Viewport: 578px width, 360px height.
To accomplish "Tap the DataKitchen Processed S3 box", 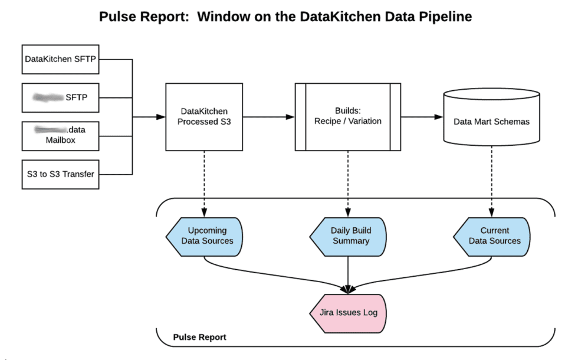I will pos(203,117).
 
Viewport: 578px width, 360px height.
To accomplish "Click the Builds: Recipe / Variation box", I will pos(347,117).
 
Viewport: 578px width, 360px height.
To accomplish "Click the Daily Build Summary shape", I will pos(349,236).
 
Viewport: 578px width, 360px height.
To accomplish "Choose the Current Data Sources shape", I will pos(492,236).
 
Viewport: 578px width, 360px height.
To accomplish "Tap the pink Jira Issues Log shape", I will pos(348,313).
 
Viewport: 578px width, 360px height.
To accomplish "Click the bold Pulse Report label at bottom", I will pos(199,338).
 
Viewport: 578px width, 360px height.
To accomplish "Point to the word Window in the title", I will pos(223,17).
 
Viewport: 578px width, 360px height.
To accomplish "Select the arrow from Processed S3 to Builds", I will pos(268,117).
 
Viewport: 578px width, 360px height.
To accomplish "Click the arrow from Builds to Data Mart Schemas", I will pos(422,117).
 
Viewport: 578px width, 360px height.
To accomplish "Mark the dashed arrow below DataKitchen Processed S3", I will pos(203,183).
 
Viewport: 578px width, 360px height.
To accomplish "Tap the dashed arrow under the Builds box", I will pos(347,183).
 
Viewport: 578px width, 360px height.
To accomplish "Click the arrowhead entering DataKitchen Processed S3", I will pos(160,117).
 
